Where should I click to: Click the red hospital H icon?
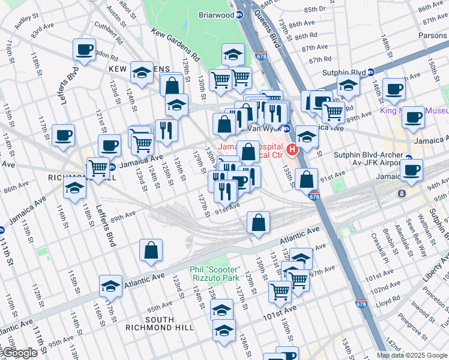[292, 149]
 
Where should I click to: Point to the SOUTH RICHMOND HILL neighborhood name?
[159, 324]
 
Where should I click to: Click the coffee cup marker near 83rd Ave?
[85, 49]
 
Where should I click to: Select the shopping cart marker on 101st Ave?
[280, 291]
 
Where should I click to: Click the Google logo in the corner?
[19, 353]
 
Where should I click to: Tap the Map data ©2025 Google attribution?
[412, 355]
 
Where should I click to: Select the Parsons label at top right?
[432, 35]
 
